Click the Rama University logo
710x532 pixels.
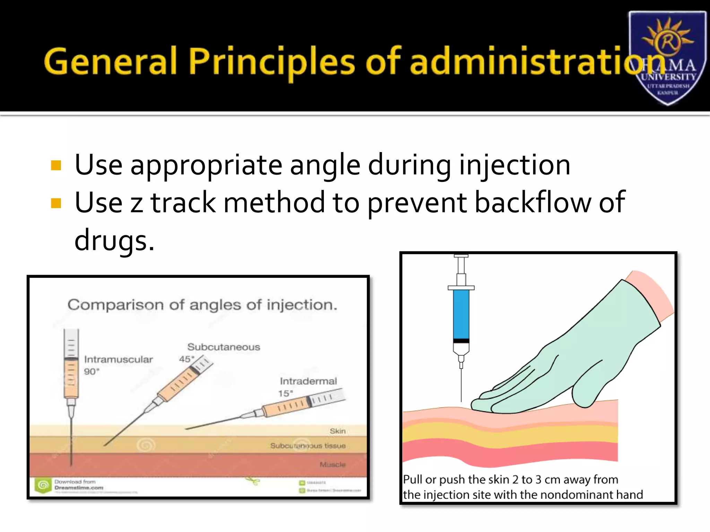point(667,57)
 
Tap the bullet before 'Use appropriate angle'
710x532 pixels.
point(56,166)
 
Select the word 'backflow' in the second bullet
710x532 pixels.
point(532,203)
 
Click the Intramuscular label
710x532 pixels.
point(118,360)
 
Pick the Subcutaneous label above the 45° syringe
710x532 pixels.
point(224,347)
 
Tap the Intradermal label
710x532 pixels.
point(308,381)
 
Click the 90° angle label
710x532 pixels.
point(92,372)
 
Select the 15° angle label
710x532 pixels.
point(285,393)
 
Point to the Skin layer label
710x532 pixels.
point(337,431)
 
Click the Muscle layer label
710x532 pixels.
point(332,464)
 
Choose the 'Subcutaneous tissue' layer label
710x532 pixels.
point(308,446)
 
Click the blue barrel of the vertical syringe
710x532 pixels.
point(461,314)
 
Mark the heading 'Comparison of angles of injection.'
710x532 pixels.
point(202,305)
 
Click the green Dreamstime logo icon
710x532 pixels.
point(43,485)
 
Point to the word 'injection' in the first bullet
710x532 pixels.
point(514,165)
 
